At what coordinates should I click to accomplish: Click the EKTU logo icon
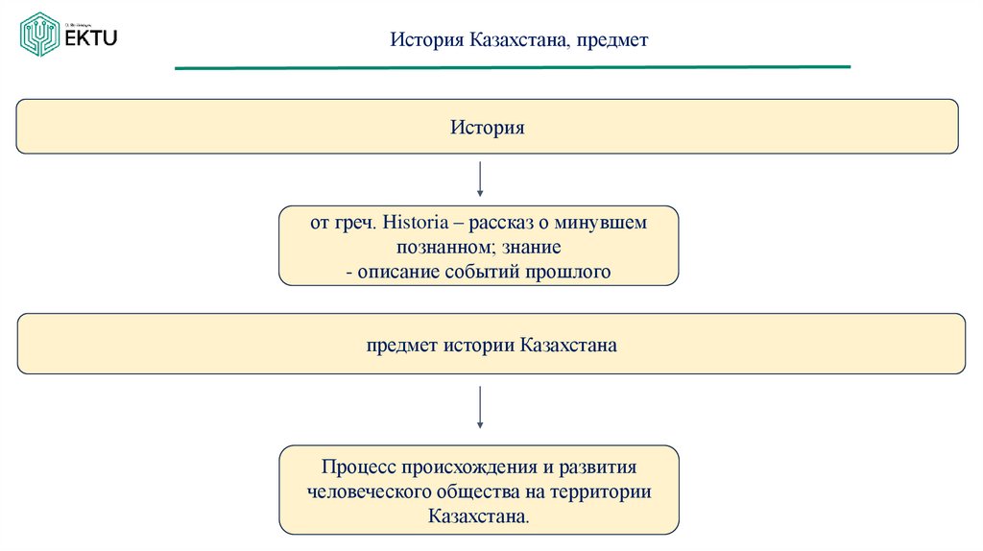pyautogui.click(x=40, y=35)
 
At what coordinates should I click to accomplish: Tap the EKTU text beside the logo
pyautogui.click(x=91, y=37)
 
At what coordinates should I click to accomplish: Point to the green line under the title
pyautogui.click(x=512, y=67)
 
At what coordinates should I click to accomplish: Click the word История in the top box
pyautogui.click(x=488, y=127)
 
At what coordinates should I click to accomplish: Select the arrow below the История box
pyautogui.click(x=480, y=180)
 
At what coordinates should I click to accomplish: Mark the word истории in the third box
pyautogui.click(x=479, y=344)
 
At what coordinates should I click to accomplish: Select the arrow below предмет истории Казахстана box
pyautogui.click(x=480, y=407)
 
